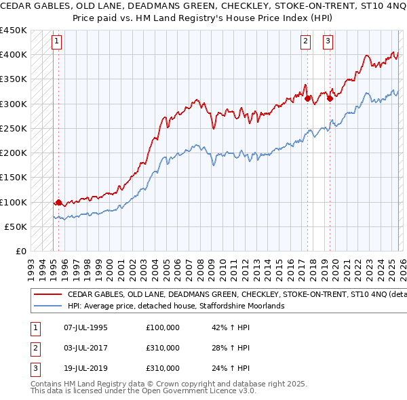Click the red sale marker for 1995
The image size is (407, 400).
(x=58, y=202)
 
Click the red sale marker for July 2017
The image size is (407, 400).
(x=308, y=98)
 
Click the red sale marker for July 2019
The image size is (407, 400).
(x=330, y=98)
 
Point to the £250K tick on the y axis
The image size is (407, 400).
(x=14, y=128)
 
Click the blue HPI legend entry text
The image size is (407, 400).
(x=176, y=306)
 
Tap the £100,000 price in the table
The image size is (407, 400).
(x=163, y=327)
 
